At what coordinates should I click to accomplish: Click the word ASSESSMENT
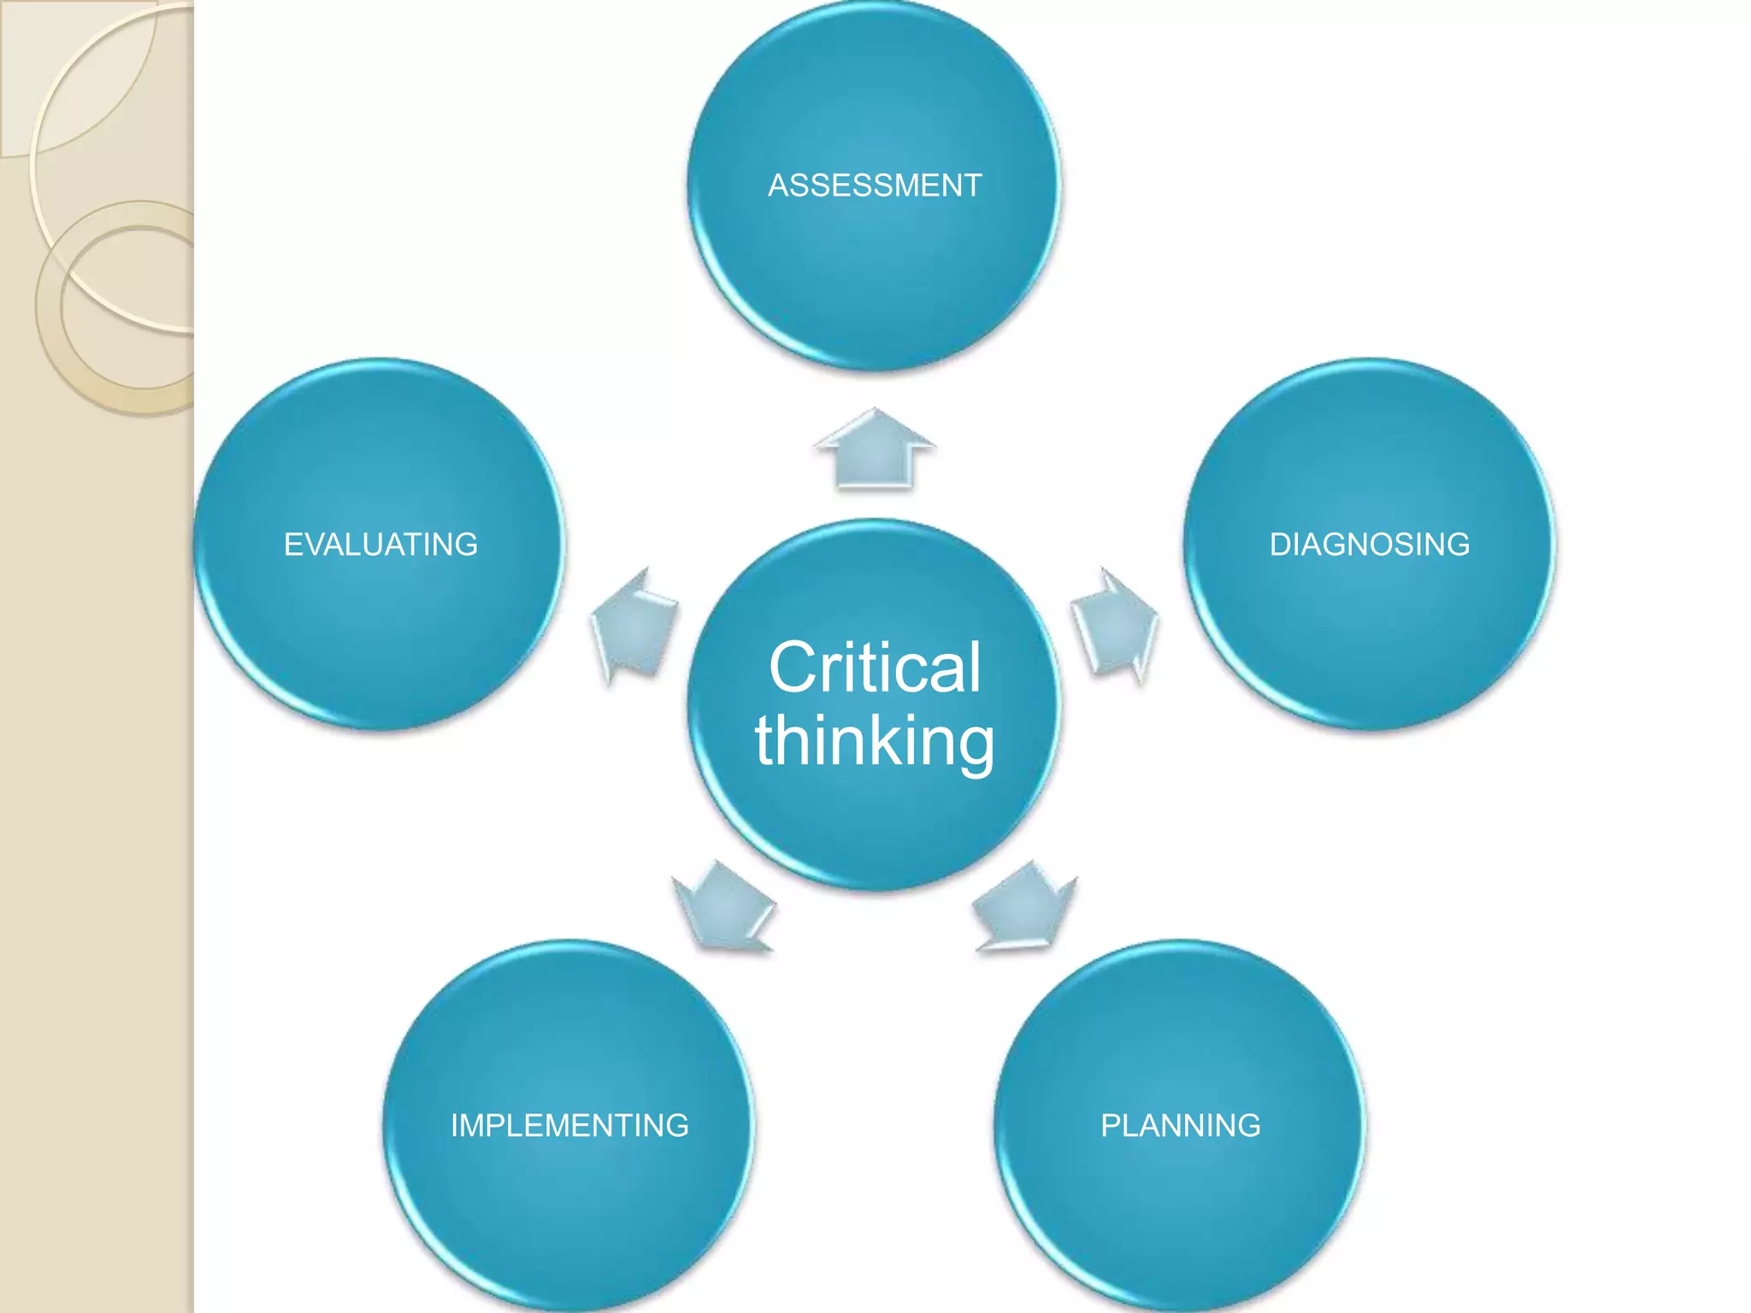tap(875, 185)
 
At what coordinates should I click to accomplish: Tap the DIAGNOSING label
tap(1369, 545)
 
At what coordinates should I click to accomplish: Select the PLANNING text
tap(1180, 1125)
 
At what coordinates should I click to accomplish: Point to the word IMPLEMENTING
tap(569, 1125)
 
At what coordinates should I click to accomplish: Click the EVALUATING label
tap(380, 545)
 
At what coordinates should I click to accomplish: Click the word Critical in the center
tap(875, 668)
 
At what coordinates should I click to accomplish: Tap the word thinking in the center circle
tap(875, 741)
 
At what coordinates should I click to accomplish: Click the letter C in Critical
tap(792, 668)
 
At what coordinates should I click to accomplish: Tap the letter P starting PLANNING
tap(1110, 1125)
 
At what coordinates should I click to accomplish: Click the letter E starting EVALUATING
tap(292, 545)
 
